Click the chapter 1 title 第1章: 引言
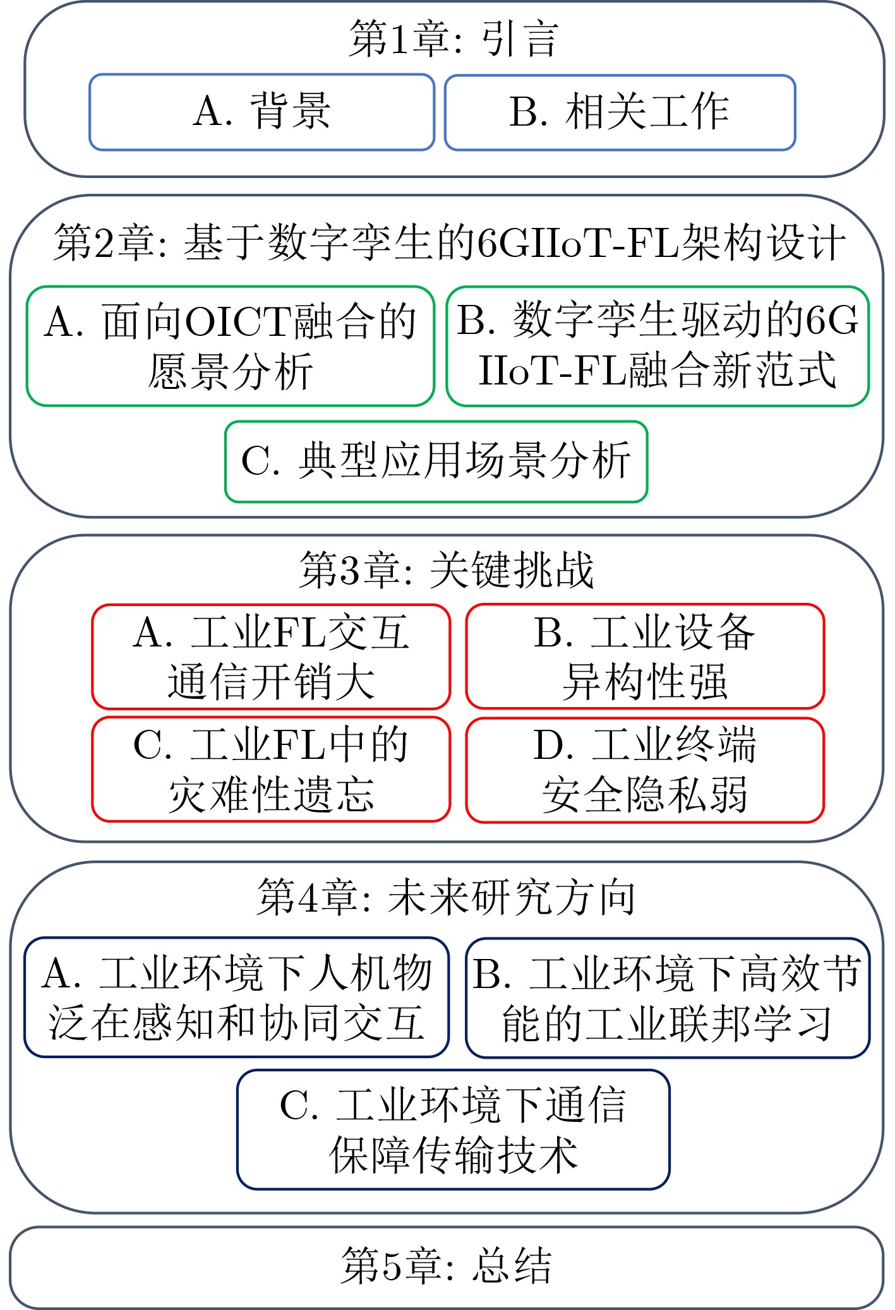point(453,39)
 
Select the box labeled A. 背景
point(261,112)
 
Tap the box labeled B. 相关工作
point(620,112)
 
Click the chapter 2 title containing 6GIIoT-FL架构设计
point(449,242)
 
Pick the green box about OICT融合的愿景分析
point(230,346)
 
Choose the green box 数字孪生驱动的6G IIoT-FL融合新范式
point(658,346)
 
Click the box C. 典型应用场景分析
point(436,461)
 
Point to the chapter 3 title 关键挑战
point(447,569)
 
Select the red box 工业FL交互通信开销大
point(271,657)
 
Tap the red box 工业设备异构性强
point(645,657)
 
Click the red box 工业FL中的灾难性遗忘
point(271,770)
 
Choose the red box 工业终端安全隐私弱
point(645,770)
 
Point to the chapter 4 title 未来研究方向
point(446,897)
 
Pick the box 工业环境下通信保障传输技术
point(453,1129)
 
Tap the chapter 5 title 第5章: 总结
point(447,1265)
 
